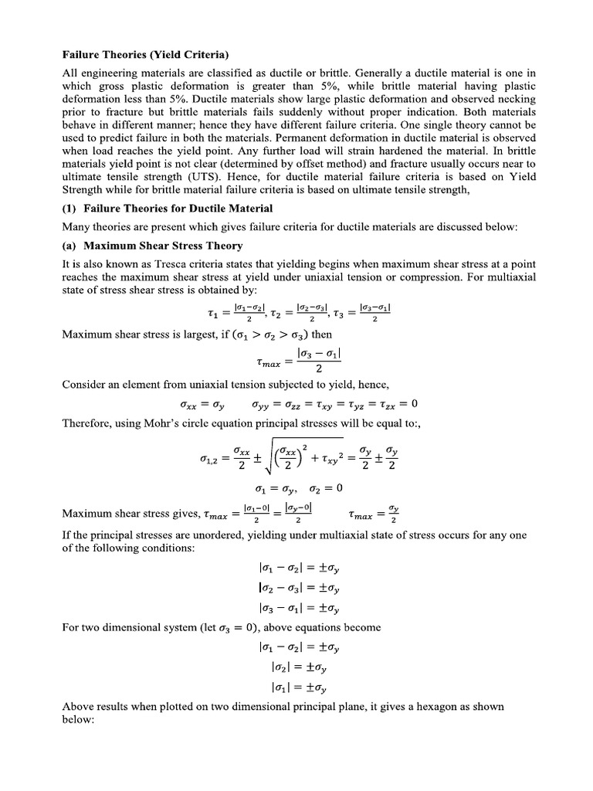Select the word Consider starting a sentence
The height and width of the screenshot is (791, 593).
click(86, 384)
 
